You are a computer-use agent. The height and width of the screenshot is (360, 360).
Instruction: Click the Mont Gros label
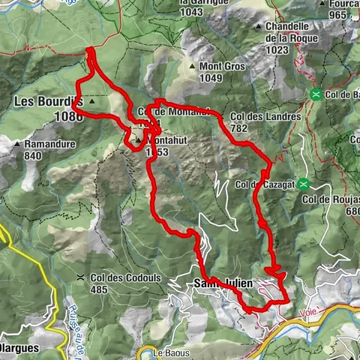(223, 66)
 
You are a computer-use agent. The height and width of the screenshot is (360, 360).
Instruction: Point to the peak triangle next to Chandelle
(259, 25)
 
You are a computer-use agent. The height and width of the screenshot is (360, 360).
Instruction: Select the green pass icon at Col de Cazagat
(304, 183)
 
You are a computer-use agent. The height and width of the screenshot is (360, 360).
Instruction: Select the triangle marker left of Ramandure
(16, 143)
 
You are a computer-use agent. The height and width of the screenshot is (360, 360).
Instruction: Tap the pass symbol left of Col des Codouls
(80, 277)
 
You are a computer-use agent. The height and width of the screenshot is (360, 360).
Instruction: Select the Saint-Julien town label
(223, 283)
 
